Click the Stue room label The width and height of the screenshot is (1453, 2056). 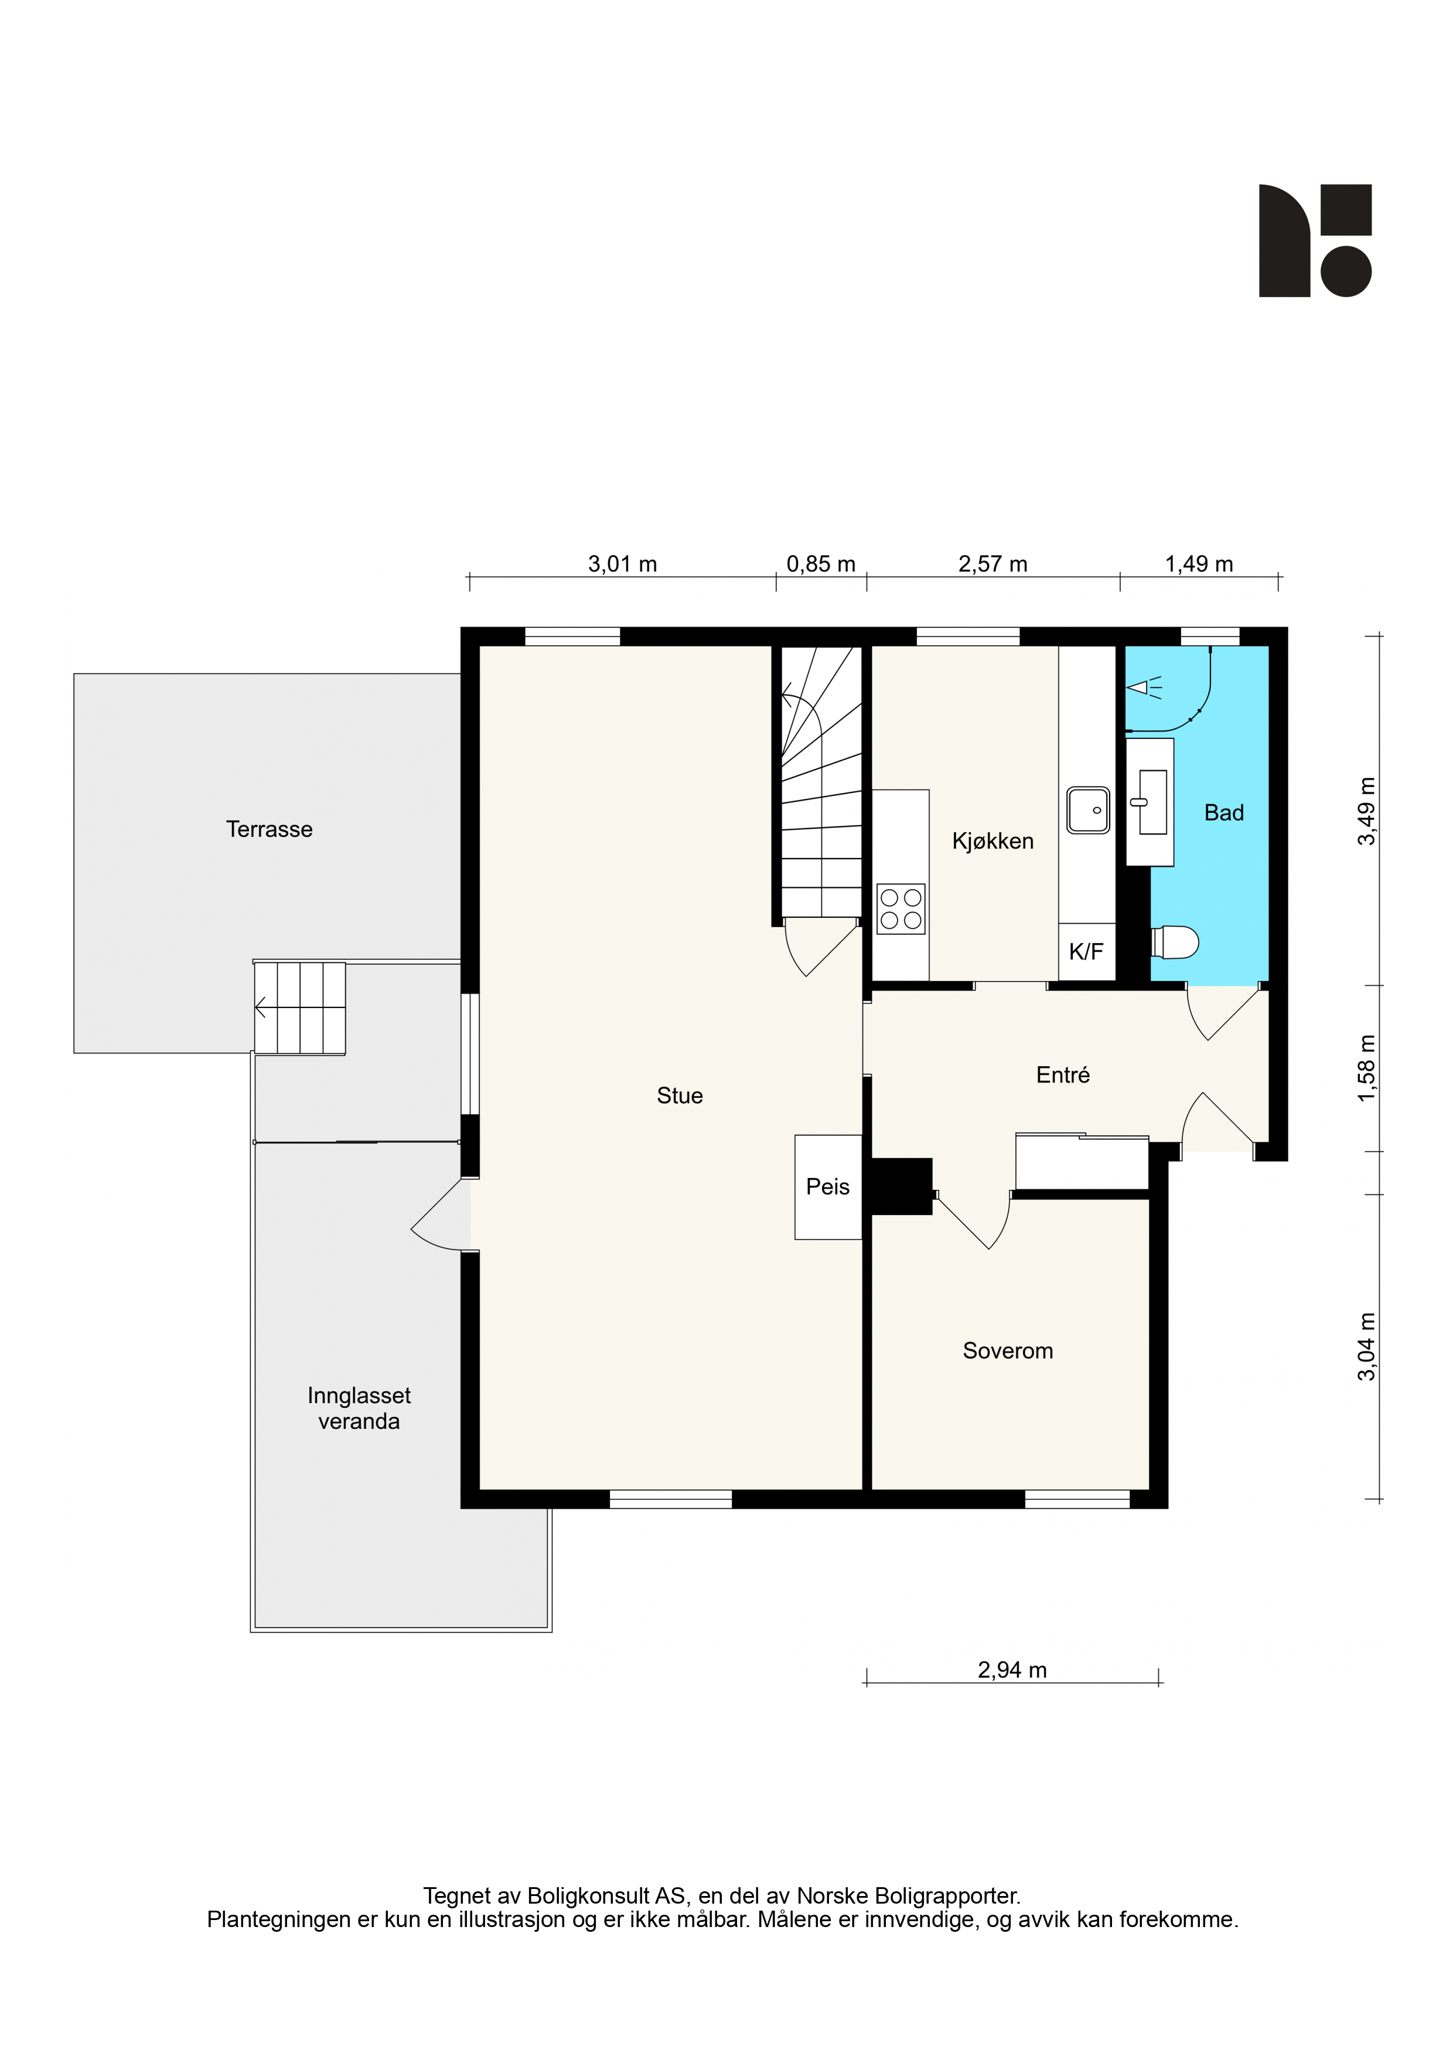pyautogui.click(x=680, y=1095)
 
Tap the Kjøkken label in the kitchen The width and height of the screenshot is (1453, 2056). pyautogui.click(x=993, y=841)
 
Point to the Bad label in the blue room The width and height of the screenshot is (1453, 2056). pyautogui.click(x=1224, y=812)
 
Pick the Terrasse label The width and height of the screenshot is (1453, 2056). pyautogui.click(x=270, y=829)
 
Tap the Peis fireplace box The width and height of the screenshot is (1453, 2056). pyautogui.click(x=828, y=1187)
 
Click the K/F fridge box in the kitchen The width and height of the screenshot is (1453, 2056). pyautogui.click(x=1087, y=952)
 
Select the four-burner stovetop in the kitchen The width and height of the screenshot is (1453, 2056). pyautogui.click(x=901, y=909)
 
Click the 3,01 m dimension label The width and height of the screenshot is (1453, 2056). pyautogui.click(x=622, y=564)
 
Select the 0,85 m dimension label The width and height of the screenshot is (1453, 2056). pyautogui.click(x=821, y=564)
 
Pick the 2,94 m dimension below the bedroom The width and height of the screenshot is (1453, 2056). pyautogui.click(x=1012, y=1670)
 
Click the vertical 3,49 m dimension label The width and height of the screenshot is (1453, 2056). pyautogui.click(x=1366, y=811)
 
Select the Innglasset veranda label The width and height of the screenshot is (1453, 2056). pyautogui.click(x=359, y=1408)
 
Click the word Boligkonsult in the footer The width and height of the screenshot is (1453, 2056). pyautogui.click(x=589, y=1897)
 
